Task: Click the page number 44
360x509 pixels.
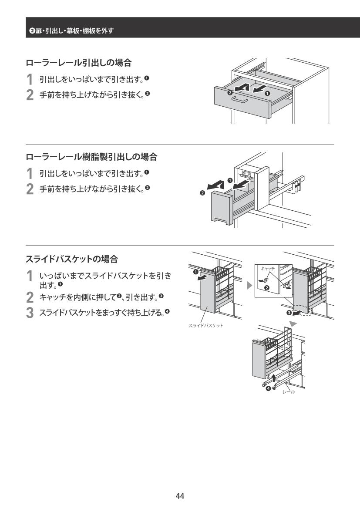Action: tap(180, 496)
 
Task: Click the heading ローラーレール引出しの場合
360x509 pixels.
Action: tap(78, 63)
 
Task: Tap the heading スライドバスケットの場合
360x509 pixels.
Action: tap(72, 260)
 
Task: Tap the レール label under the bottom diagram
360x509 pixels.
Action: tap(289, 392)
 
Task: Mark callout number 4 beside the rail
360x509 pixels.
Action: tap(268, 388)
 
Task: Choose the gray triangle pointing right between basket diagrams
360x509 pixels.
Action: tap(249, 286)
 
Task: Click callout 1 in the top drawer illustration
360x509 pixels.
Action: tap(267, 93)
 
